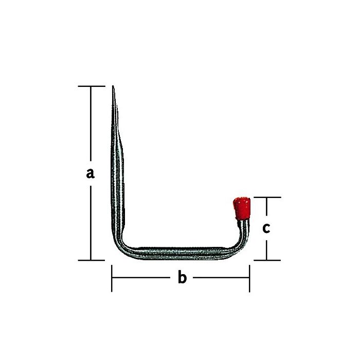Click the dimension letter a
point(91,173)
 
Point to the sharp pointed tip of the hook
point(113,88)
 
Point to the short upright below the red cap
point(244,229)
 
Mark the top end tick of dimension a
point(91,86)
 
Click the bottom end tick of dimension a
point(91,260)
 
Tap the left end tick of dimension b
point(112,278)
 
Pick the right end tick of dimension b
point(249,278)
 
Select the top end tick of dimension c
point(266,197)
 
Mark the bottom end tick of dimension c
point(266,260)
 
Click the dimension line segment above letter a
point(91,123)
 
